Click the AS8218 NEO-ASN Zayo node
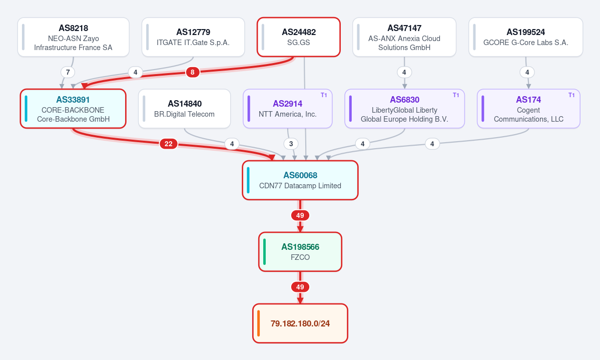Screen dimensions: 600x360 (74, 37)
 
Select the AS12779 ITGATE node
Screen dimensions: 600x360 (193, 37)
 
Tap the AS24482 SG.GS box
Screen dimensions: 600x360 (298, 37)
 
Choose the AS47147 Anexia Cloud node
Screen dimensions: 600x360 (404, 37)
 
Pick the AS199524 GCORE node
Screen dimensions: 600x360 (526, 37)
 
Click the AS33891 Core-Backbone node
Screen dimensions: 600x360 (73, 109)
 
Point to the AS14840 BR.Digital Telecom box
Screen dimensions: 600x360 (185, 109)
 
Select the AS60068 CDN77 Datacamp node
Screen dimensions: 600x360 (300, 180)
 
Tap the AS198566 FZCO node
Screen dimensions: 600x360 (300, 252)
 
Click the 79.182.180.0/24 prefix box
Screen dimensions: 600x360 (300, 323)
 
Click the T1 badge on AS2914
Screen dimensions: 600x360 (324, 95)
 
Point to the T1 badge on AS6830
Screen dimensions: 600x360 (456, 95)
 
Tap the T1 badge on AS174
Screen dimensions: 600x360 (571, 95)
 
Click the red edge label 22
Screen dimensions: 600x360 (168, 144)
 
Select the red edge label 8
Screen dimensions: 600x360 (193, 72)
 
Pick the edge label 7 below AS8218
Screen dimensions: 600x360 (68, 72)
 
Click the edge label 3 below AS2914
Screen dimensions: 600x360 (291, 144)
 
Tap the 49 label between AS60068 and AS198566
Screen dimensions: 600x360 (300, 215)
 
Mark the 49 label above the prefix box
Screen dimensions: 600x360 (300, 287)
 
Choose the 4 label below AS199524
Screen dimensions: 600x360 (527, 72)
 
